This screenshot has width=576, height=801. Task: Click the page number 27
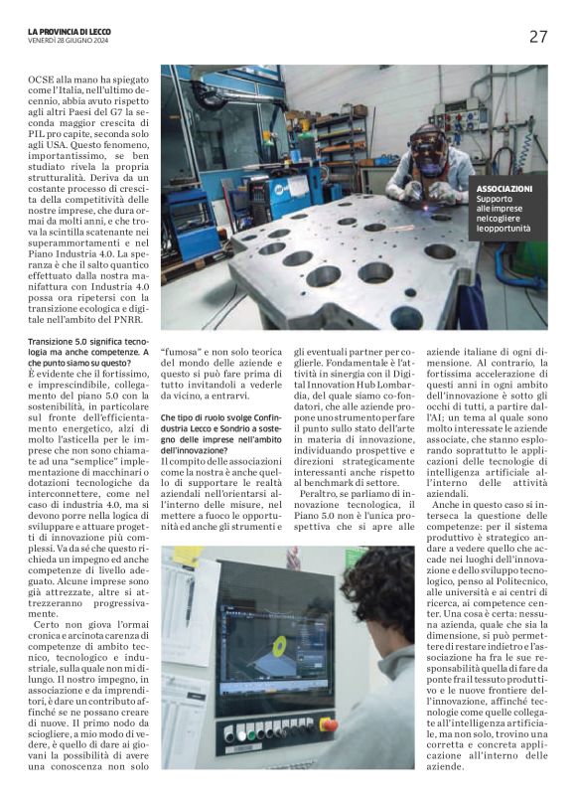(537, 37)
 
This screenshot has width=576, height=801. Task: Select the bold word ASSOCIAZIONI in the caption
(504, 189)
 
